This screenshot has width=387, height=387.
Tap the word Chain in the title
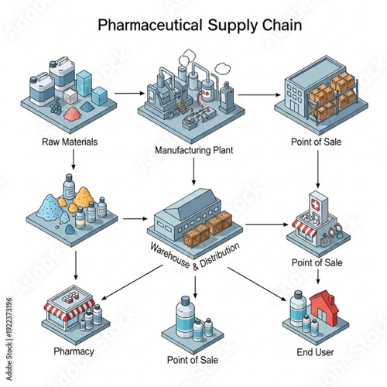point(272,25)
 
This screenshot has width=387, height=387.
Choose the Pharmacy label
point(74,351)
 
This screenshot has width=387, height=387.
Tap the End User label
point(315,352)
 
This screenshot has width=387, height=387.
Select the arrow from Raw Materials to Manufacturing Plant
point(128,93)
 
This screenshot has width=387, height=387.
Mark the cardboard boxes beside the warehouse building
point(209,226)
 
